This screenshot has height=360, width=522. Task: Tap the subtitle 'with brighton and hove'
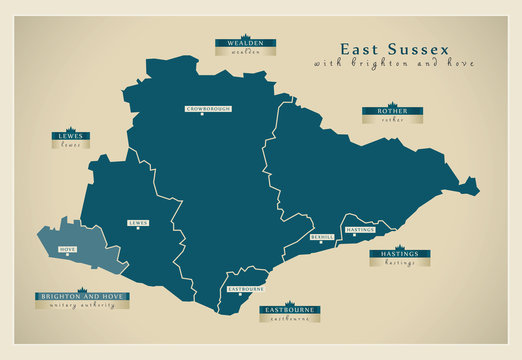(393, 63)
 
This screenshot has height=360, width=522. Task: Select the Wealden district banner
(245, 43)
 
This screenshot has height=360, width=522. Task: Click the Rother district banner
(392, 110)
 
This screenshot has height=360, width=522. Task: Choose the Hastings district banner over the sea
(400, 254)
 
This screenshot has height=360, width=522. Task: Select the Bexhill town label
(322, 237)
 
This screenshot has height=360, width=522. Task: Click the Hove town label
(69, 247)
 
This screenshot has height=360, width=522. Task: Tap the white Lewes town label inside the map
(137, 223)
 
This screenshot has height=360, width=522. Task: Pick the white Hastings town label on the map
(359, 230)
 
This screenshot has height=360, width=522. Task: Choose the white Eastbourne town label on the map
(245, 288)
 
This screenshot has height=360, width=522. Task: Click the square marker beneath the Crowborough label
(203, 115)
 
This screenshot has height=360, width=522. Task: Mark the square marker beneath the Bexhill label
(322, 244)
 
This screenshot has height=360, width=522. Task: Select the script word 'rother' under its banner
(392, 119)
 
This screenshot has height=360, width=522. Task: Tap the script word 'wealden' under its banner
(245, 52)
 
